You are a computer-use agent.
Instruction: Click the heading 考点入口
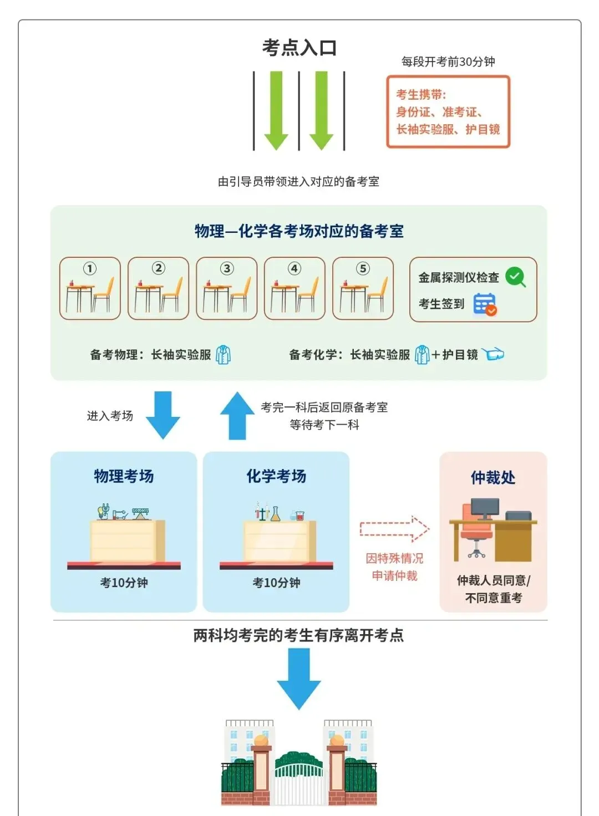(x=299, y=48)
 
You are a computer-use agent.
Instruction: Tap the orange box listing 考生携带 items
(x=448, y=112)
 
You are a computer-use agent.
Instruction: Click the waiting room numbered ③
(x=226, y=289)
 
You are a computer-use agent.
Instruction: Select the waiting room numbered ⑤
(x=363, y=289)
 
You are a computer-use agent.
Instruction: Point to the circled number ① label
(x=90, y=269)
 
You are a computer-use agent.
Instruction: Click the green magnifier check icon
(x=516, y=277)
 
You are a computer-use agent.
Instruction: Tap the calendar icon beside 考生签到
(x=484, y=304)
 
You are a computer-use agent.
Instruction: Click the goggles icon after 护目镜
(x=493, y=354)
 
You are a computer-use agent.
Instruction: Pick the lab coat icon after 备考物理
(x=223, y=355)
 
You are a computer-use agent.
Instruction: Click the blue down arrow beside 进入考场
(x=163, y=415)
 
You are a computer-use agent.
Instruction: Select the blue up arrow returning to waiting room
(x=237, y=416)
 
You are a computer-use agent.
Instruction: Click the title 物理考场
(x=124, y=476)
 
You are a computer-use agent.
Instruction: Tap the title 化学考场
(x=276, y=476)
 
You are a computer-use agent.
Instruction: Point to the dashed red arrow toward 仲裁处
(x=394, y=529)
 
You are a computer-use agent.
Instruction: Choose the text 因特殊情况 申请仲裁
(x=394, y=567)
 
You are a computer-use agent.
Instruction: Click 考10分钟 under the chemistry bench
(x=276, y=583)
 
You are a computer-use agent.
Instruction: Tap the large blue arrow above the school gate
(x=299, y=678)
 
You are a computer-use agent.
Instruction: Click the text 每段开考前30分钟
(x=448, y=62)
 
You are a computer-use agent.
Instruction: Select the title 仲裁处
(x=493, y=477)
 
